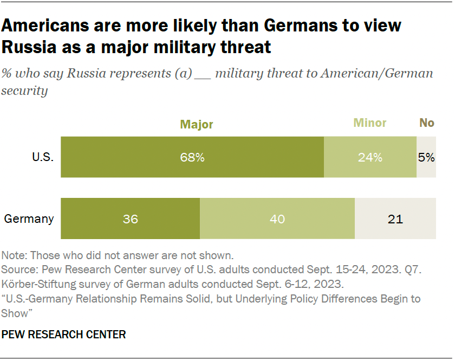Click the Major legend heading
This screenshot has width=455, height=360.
(x=197, y=124)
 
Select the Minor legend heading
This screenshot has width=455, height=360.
(x=370, y=123)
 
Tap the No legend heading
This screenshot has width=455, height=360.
(x=427, y=123)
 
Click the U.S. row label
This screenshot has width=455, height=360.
(x=42, y=158)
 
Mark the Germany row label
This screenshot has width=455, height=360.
(x=29, y=219)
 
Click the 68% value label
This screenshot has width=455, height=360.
(x=192, y=158)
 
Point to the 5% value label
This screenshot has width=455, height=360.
(x=426, y=158)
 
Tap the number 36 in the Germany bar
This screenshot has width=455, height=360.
(x=130, y=219)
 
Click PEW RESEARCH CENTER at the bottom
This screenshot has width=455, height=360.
(x=64, y=335)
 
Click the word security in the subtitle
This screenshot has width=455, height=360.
(x=25, y=91)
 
